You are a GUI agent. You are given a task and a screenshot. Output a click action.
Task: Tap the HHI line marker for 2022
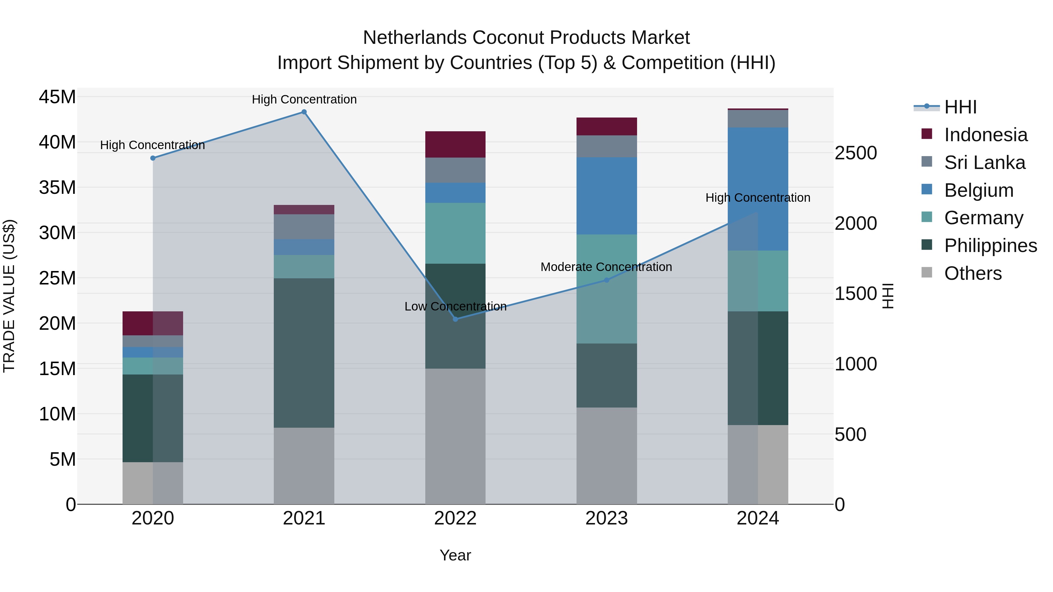coord(455,319)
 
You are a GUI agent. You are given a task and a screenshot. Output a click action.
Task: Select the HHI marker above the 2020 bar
coord(153,158)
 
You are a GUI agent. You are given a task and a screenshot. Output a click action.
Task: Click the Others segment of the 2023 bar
coord(607,455)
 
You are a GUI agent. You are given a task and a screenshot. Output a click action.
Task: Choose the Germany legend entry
coord(983,218)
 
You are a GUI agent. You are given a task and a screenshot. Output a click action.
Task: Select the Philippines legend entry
coord(990,246)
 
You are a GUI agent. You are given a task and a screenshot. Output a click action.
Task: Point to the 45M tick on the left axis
coord(57,97)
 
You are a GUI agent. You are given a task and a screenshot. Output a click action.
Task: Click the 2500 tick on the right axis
coord(856,153)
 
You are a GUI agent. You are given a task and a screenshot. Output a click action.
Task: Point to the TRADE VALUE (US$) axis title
coord(9,296)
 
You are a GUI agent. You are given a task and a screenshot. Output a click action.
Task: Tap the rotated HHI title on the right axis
coord(888,296)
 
